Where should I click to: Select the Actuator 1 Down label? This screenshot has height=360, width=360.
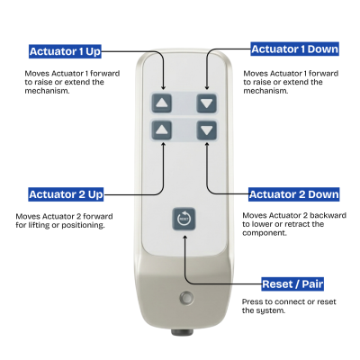(x=293, y=49)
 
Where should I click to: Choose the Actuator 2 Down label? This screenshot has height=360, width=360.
(x=293, y=193)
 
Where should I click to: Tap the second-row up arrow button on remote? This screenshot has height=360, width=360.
(x=162, y=130)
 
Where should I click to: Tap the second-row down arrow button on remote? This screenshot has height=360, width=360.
(x=208, y=130)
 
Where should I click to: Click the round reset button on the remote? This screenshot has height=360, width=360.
(x=184, y=219)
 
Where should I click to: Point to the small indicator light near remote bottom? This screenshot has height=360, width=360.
(x=185, y=299)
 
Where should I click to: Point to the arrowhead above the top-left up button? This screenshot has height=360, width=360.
(x=162, y=85)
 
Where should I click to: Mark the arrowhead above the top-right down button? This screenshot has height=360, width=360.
(x=208, y=85)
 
